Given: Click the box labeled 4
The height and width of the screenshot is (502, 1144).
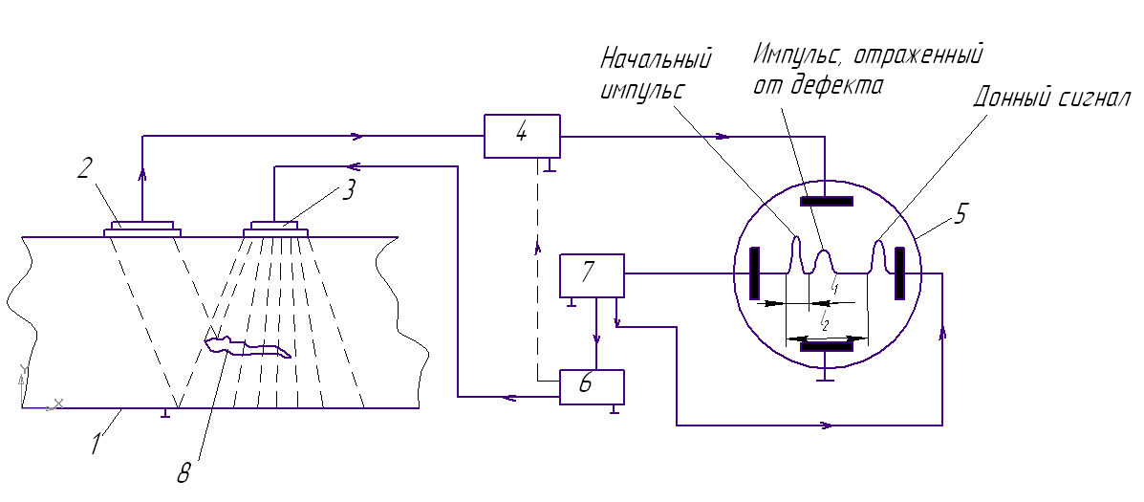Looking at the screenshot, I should [x=522, y=136].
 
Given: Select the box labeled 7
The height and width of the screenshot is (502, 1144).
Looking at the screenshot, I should [x=591, y=275].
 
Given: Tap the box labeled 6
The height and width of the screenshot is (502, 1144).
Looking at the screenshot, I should [x=591, y=385].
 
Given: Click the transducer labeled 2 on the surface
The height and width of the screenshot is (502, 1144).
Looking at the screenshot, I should [x=142, y=228].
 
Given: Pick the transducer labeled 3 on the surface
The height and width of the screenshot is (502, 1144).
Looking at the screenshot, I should [x=279, y=229].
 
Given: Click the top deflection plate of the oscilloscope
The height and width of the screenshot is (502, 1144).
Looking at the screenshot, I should [x=826, y=201].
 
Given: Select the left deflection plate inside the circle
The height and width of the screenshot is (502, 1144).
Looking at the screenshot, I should [x=754, y=273].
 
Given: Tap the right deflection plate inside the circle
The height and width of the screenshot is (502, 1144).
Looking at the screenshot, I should [x=898, y=273].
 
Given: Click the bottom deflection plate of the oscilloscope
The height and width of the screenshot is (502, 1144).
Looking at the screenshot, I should [x=826, y=346].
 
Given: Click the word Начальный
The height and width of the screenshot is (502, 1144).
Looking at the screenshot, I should [x=656, y=59].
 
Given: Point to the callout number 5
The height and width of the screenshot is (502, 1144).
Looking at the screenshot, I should [x=961, y=213].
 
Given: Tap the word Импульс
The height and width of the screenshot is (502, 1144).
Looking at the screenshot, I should [x=795, y=53].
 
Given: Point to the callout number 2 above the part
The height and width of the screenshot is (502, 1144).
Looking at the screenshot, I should [x=84, y=169].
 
